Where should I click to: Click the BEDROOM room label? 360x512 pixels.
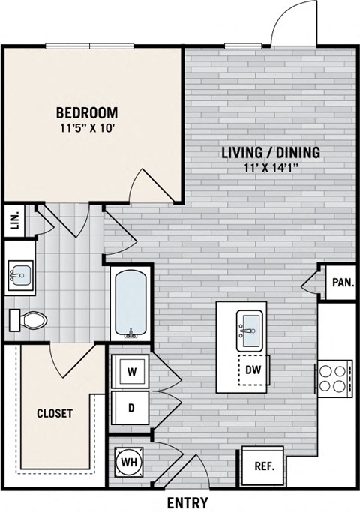[x=87, y=112]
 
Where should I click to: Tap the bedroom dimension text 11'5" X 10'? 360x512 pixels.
[x=87, y=128]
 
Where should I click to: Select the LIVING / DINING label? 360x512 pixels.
[x=271, y=152]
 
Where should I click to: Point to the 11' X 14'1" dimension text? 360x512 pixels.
[x=271, y=168]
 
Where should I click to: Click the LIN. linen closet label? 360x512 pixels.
[x=15, y=220]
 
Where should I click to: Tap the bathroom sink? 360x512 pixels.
[x=20, y=275]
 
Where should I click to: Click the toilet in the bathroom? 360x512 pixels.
[x=28, y=319]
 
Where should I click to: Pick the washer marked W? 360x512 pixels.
[x=130, y=371]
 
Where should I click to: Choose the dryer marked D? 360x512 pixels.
[x=130, y=408]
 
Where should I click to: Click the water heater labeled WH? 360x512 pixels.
[x=129, y=463]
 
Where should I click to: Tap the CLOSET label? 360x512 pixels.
[x=55, y=413]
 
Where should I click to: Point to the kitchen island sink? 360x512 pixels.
[x=250, y=331]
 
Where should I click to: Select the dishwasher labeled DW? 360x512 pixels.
[x=253, y=370]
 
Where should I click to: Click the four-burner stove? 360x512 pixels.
[x=334, y=379]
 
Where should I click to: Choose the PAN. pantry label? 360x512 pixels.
[x=343, y=283]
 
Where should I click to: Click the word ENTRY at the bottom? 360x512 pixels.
[x=187, y=503]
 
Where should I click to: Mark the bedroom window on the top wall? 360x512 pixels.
[x=89, y=46]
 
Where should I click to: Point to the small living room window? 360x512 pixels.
[x=244, y=46]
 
